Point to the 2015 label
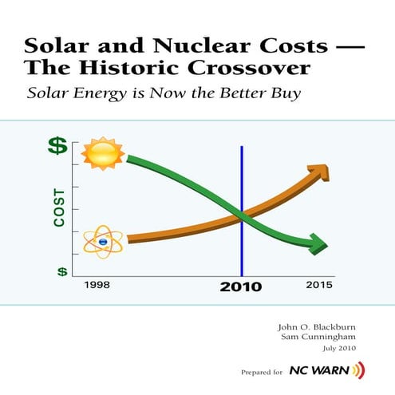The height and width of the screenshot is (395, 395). pyautogui.click(x=320, y=285)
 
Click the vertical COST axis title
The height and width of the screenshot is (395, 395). pyautogui.click(x=59, y=207)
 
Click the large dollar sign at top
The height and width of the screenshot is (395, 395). pyautogui.click(x=57, y=145)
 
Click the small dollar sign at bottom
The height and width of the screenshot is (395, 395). pyautogui.click(x=61, y=271)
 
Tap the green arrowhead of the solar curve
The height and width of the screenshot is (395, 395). pyautogui.click(x=318, y=243)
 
